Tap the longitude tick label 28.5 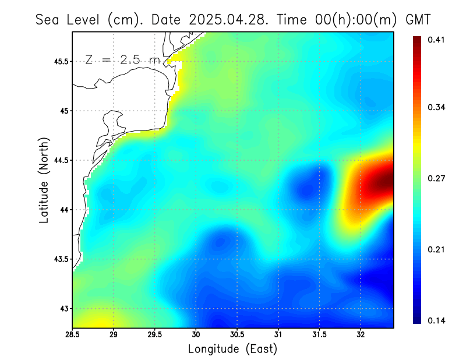[73, 334]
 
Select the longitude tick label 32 [361, 334]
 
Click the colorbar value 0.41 [436, 40]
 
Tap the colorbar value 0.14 [436, 320]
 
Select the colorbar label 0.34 [436, 107]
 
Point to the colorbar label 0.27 [436, 179]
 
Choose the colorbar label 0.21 [436, 249]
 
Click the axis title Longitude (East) [232, 349]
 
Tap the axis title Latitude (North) [44, 181]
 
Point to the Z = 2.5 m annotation [122, 59]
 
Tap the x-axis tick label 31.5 [319, 334]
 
